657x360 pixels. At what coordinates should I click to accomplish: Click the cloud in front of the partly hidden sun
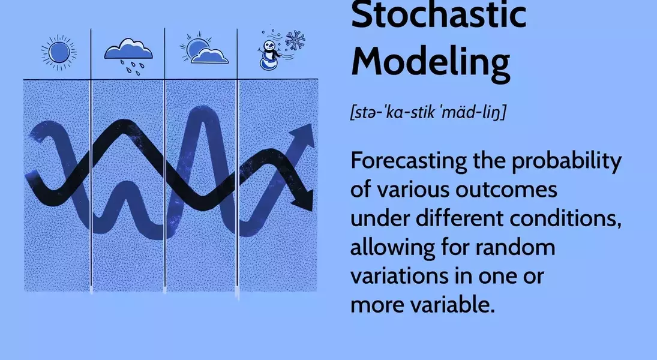pos(209,56)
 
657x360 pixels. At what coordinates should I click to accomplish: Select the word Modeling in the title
pos(430,62)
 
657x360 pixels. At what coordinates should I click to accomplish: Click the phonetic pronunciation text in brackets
pos(427,113)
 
